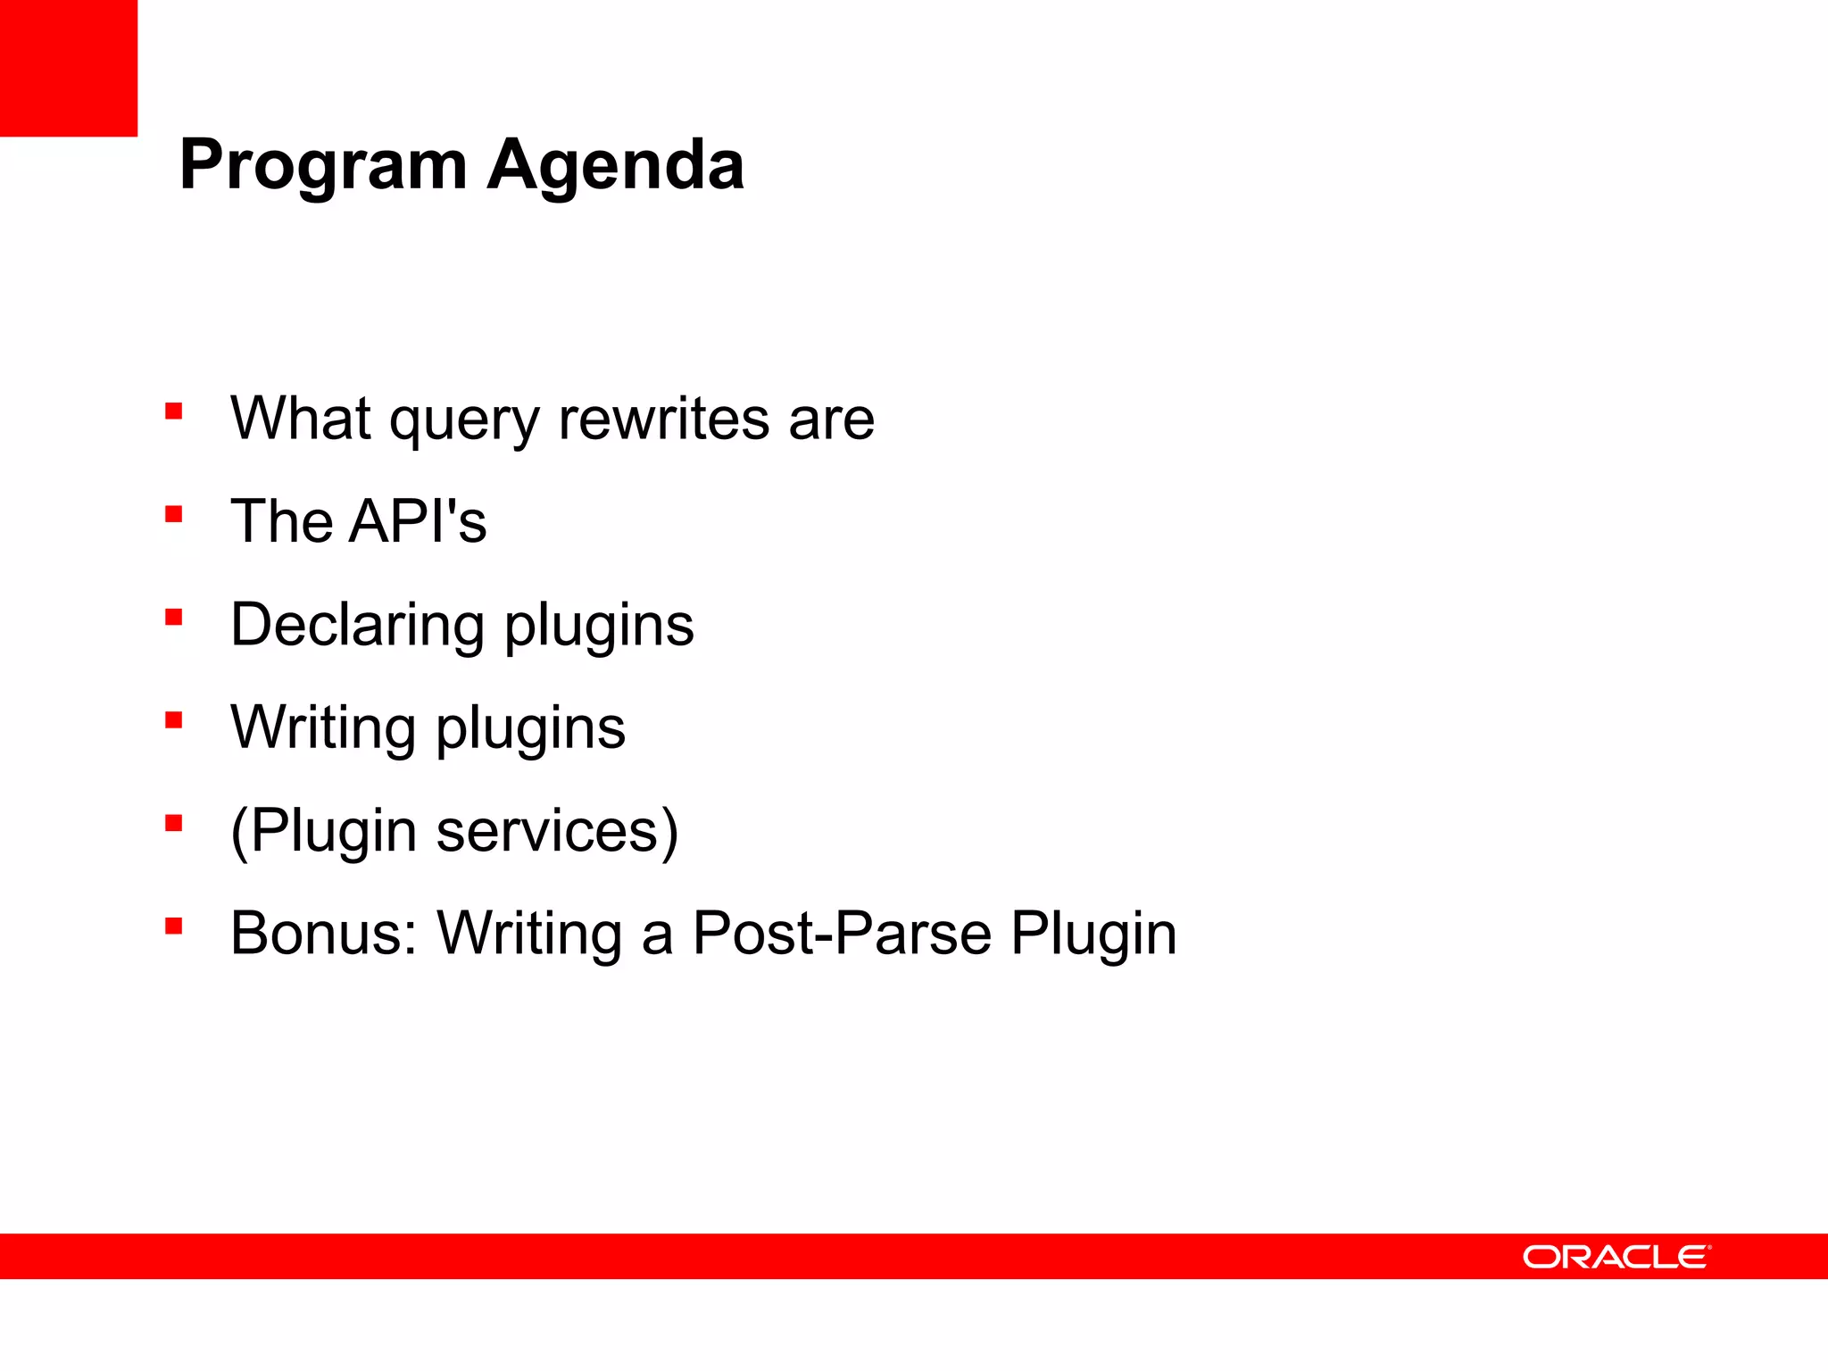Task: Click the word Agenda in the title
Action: (x=616, y=165)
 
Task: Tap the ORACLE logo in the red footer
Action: (x=1616, y=1257)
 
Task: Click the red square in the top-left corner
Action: (x=69, y=68)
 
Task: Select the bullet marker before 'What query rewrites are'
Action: (x=174, y=411)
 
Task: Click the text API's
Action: (x=418, y=521)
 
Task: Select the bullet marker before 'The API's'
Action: (x=174, y=514)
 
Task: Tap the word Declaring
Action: (x=358, y=625)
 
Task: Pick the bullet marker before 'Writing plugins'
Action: (x=174, y=720)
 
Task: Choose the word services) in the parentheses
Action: (x=557, y=831)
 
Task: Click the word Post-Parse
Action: (x=842, y=934)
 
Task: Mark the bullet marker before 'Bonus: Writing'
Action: (x=174, y=926)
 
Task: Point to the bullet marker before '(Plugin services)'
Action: (x=174, y=823)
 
